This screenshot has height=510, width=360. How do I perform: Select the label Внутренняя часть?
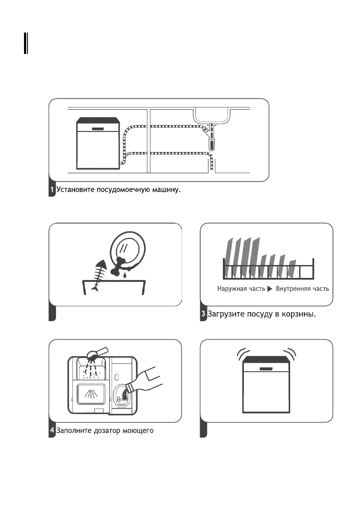303,289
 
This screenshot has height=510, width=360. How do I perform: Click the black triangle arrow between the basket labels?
270,289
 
